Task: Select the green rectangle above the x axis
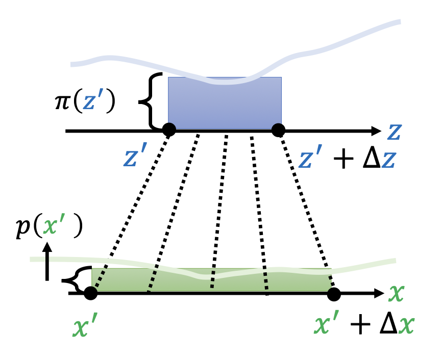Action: coord(211,280)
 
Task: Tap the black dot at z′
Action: coord(169,130)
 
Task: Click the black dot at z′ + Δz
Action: coord(278,130)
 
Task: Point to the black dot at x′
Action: coord(90,293)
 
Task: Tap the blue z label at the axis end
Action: coord(393,131)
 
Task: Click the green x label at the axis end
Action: coord(396,294)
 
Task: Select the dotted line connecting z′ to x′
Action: coord(130,212)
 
